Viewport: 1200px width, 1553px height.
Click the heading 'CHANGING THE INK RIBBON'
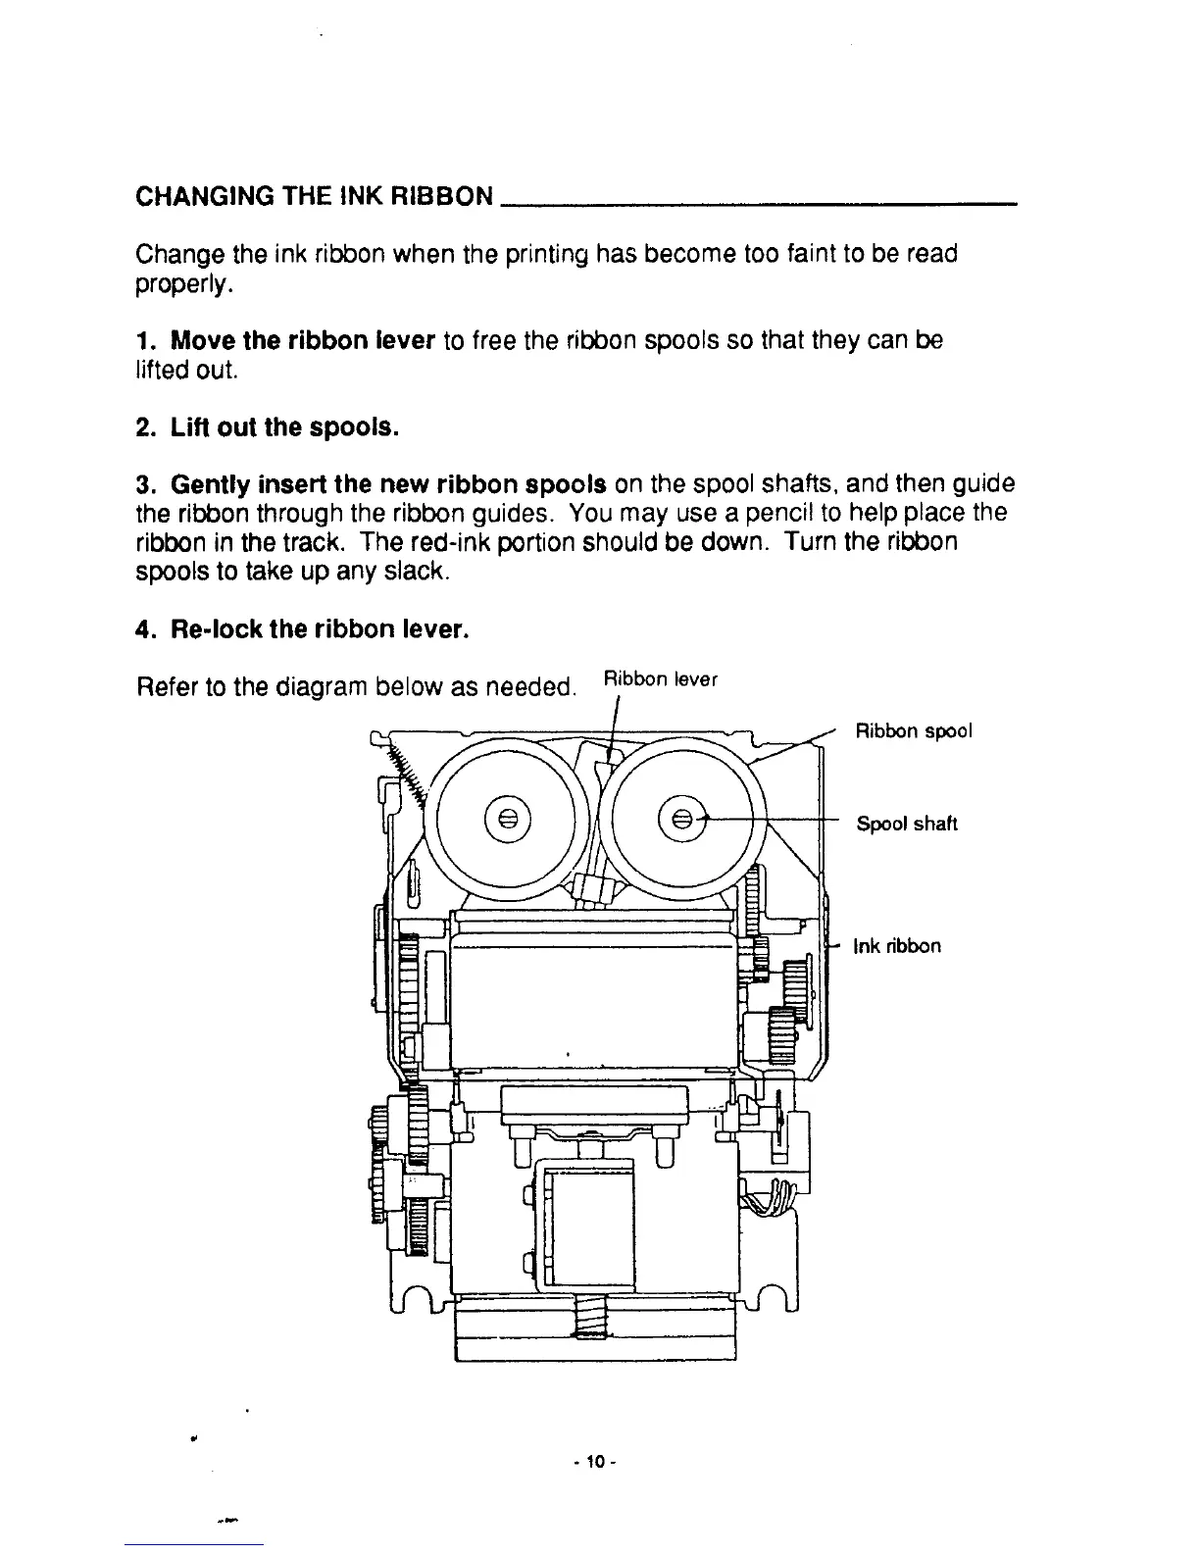coord(314,196)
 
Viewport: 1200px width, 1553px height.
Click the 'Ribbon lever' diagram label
coord(661,679)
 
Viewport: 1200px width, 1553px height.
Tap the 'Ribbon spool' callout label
coord(914,732)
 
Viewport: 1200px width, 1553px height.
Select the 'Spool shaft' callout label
coord(907,824)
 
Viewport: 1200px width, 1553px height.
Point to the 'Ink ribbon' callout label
coord(897,946)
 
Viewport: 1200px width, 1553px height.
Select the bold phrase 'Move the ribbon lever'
coord(302,341)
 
